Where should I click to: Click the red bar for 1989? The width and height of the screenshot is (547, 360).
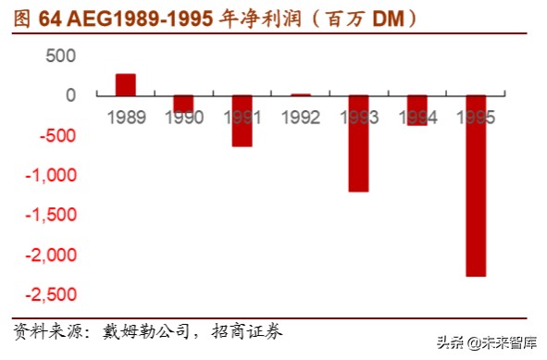tap(126, 84)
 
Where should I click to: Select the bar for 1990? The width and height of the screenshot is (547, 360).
tap(184, 104)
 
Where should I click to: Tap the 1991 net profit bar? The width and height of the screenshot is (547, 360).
tap(242, 120)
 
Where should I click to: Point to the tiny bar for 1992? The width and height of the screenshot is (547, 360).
tap(301, 94)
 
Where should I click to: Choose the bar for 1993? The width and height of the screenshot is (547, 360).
tap(359, 143)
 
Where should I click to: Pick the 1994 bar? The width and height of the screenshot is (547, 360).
tap(417, 110)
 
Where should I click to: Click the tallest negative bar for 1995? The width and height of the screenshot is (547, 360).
tap(476, 185)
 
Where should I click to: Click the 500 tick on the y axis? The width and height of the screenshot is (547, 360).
tap(60, 56)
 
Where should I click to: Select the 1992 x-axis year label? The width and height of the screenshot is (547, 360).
tap(301, 118)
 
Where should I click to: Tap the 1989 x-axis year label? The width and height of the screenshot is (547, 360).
tap(126, 118)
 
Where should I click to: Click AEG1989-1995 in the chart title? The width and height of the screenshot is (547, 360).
tap(138, 18)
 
